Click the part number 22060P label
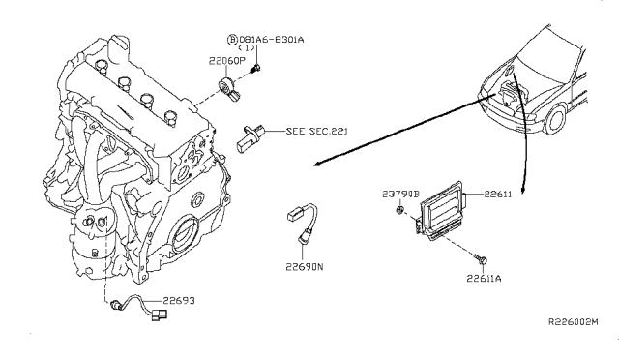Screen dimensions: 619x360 pyautogui.click(x=227, y=61)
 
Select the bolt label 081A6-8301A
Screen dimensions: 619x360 pyautogui.click(x=272, y=40)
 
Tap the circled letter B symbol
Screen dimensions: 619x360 pyautogui.click(x=232, y=40)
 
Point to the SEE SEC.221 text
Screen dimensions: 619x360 pyautogui.click(x=316, y=131)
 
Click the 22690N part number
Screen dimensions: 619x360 pyautogui.click(x=305, y=267)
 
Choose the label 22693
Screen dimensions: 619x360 pyautogui.click(x=179, y=301)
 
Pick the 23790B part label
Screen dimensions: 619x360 pyautogui.click(x=400, y=194)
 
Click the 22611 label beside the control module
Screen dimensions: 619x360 pyautogui.click(x=497, y=194)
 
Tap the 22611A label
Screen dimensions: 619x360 pyautogui.click(x=484, y=279)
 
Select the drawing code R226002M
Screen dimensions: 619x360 pyautogui.click(x=574, y=322)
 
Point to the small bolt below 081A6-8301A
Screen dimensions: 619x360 pyautogui.click(x=255, y=69)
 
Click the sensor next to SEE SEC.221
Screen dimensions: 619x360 pyautogui.click(x=250, y=137)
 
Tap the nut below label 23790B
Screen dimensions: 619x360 pyautogui.click(x=399, y=210)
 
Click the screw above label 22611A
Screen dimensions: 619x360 pyautogui.click(x=482, y=259)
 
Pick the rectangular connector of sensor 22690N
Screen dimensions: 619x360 pyautogui.click(x=294, y=215)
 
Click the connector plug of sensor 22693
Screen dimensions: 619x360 pyautogui.click(x=159, y=315)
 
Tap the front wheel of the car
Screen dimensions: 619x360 pyautogui.click(x=557, y=119)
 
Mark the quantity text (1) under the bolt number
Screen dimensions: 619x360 pyautogui.click(x=247, y=47)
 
